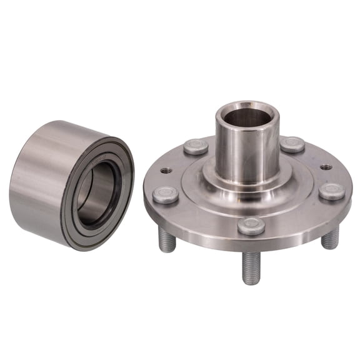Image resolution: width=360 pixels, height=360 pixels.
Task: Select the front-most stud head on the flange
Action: (251, 226)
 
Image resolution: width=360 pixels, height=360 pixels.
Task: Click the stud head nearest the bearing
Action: (166, 194)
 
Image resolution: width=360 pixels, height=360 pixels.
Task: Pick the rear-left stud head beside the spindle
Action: (196, 147)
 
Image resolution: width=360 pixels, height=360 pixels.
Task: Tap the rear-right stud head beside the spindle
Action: (292, 144)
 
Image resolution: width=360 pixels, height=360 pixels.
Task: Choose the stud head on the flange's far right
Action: (331, 191)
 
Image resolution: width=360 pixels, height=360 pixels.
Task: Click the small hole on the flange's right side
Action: (326, 167)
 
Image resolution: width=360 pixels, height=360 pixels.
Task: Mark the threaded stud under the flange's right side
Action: (330, 237)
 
